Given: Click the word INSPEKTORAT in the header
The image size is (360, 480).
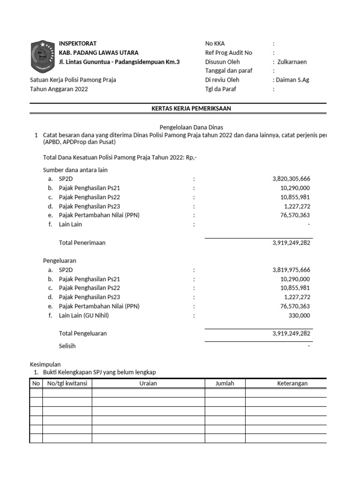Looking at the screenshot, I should [77, 44].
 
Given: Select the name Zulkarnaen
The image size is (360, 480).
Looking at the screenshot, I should [292, 62].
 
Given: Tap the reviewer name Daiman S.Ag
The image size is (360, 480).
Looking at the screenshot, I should [292, 80].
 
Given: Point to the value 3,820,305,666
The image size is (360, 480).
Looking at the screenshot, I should [291, 179].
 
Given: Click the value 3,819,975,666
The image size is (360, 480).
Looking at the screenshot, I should [291, 270].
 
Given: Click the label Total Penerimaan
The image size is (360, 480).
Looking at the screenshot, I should [82, 243].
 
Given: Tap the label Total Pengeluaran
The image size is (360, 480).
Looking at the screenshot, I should [83, 334].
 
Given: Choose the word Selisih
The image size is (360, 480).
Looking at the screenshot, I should [67, 346].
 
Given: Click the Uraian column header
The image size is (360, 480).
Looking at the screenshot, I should [148, 383].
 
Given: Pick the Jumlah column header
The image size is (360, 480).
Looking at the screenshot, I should [225, 383].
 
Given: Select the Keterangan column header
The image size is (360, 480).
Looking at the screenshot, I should [292, 383].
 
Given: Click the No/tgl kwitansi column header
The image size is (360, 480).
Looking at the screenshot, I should [67, 383].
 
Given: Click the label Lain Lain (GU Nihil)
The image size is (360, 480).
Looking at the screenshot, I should [84, 315].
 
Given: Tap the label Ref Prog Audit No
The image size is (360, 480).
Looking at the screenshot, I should [229, 53].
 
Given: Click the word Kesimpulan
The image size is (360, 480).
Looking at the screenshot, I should [45, 364].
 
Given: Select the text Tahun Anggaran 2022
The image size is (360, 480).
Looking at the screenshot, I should [59, 89].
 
